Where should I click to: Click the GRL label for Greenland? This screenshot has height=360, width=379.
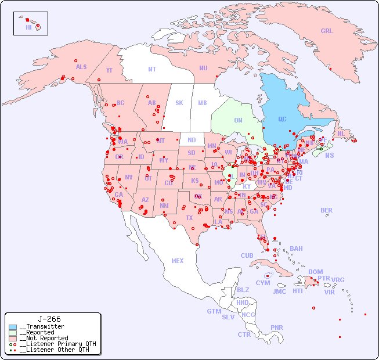pyautogui.click(x=327, y=31)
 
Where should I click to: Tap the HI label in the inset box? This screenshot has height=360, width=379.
pyautogui.click(x=28, y=27)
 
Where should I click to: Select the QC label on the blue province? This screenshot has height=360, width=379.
pyautogui.click(x=282, y=119)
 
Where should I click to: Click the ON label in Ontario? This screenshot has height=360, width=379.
pyautogui.click(x=238, y=120)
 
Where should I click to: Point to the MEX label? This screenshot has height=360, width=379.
pyautogui.click(x=178, y=261)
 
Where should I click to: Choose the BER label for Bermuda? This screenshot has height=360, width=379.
pyautogui.click(x=326, y=210)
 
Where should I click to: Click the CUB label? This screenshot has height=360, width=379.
pyautogui.click(x=247, y=255)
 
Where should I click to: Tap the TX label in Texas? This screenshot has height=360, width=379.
pyautogui.click(x=189, y=218)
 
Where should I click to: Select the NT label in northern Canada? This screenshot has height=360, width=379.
pyautogui.click(x=152, y=69)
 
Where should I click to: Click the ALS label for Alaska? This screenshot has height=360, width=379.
pyautogui.click(x=81, y=67)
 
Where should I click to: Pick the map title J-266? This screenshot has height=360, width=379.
pyautogui.click(x=49, y=319)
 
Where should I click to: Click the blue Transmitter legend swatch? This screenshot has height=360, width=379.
pyautogui.click(x=13, y=327)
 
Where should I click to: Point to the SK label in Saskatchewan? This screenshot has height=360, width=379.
pyautogui.click(x=179, y=103)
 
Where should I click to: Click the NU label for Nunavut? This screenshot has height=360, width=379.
pyautogui.click(x=203, y=68)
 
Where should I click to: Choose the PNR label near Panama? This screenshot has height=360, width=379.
pyautogui.click(x=277, y=327)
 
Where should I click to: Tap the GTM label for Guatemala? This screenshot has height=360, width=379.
pyautogui.click(x=214, y=311)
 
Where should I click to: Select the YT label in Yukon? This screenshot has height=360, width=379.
pyautogui.click(x=109, y=70)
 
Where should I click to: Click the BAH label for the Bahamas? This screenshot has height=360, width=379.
pyautogui.click(x=296, y=249)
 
